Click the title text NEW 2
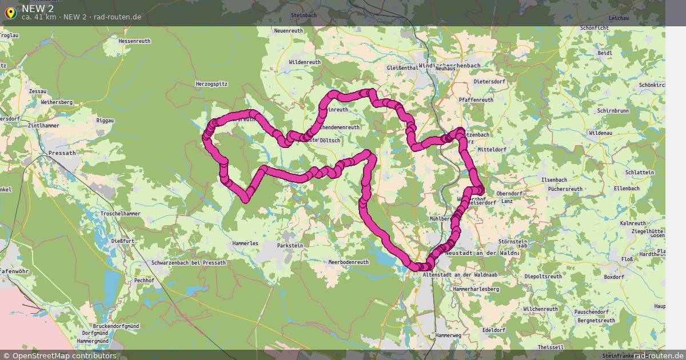point(38,8)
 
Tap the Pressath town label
point(62,153)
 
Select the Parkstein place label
point(289,245)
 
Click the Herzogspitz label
point(212,83)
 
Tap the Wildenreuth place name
point(305,62)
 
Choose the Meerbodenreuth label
point(349,262)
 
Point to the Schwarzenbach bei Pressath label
point(189,262)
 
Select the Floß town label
point(627,259)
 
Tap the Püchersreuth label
point(565,189)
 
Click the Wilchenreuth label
point(540,309)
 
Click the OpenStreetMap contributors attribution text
point(64,355)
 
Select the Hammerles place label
point(246,243)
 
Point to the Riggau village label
point(105,121)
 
